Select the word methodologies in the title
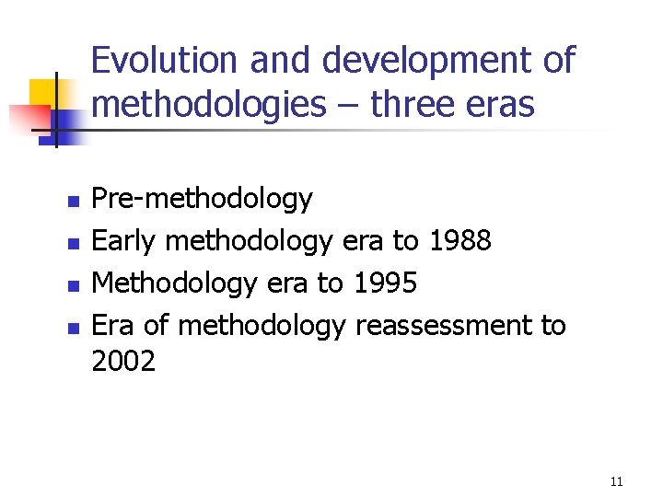pyautogui.click(x=209, y=105)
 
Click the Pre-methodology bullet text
pyautogui.click(x=203, y=199)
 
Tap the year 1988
pyautogui.click(x=459, y=241)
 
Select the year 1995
pyautogui.click(x=384, y=283)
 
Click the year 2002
pyautogui.click(x=123, y=361)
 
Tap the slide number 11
pyautogui.click(x=617, y=481)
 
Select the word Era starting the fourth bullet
pyautogui.click(x=113, y=325)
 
